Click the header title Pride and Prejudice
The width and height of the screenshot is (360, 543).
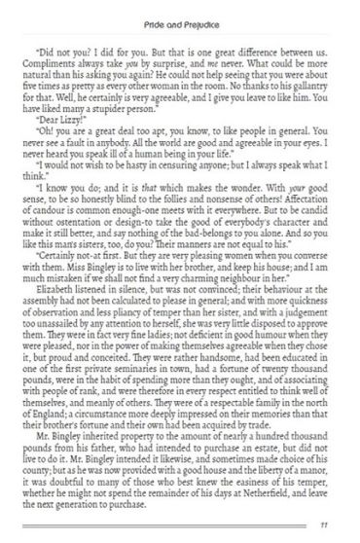pyautogui.click(x=179, y=13)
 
